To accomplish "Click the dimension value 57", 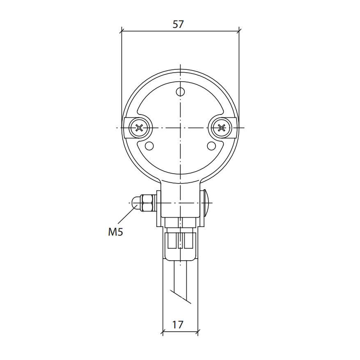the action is [178, 24].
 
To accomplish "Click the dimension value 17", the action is [178, 325].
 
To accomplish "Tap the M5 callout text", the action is [115, 232].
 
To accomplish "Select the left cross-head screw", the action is [139, 128].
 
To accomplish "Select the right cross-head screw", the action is [221, 128].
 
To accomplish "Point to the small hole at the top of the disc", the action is [181, 92].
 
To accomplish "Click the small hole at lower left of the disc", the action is [149, 146].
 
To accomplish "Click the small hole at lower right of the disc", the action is [211, 146].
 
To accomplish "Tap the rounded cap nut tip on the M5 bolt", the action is [136, 203].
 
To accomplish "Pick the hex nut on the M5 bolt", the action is [148, 203].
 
